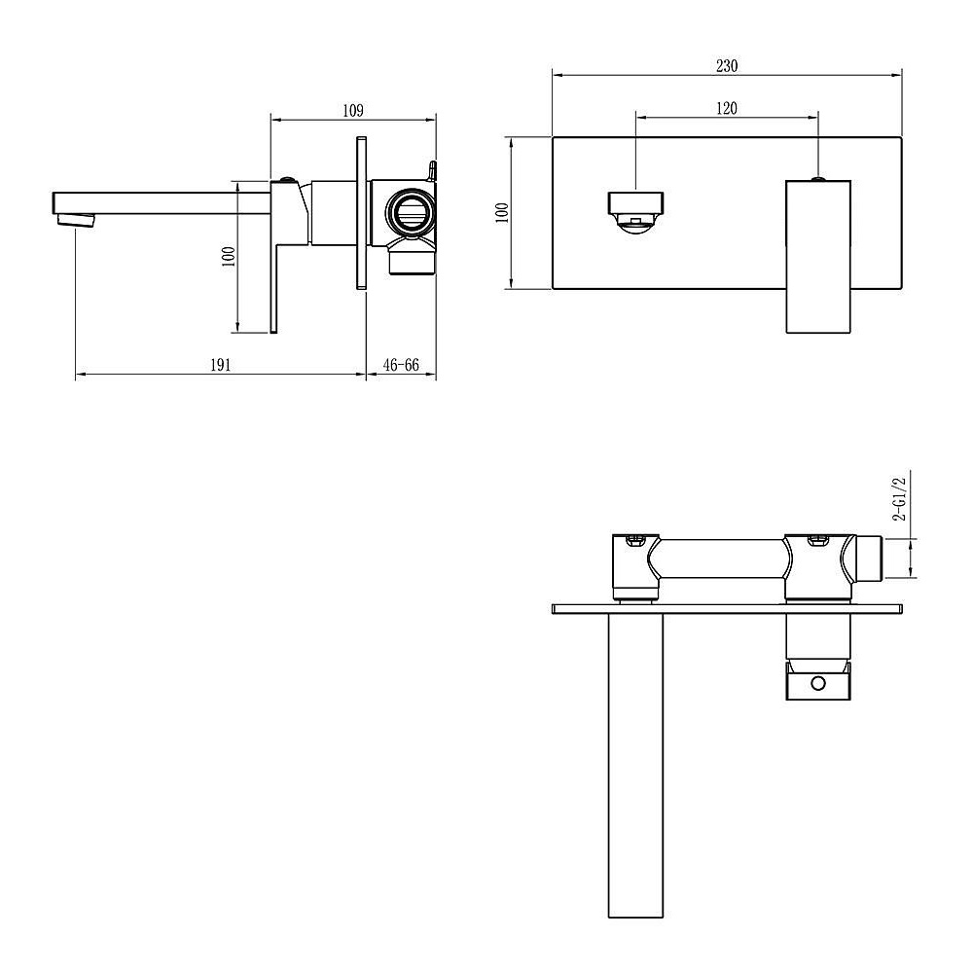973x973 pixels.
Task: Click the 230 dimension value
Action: (727, 66)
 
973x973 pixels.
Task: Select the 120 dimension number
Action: (727, 109)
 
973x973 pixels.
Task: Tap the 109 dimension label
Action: (352, 111)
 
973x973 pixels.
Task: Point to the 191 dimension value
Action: (220, 365)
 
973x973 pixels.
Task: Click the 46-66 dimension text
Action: (401, 365)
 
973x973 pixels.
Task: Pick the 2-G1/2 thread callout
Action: (899, 498)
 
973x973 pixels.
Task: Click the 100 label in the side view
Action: (229, 256)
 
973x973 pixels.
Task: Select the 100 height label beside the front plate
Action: (503, 213)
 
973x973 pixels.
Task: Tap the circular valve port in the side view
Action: (410, 212)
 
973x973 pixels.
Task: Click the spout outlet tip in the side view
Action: (75, 220)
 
